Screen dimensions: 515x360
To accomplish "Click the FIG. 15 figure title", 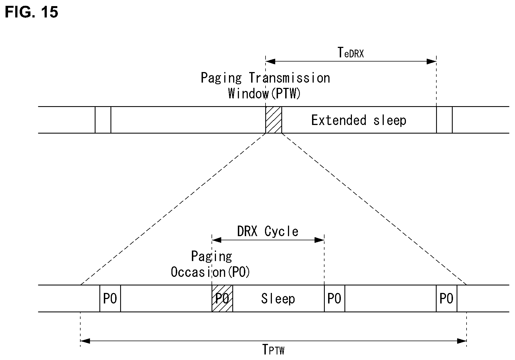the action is [x=32, y=12].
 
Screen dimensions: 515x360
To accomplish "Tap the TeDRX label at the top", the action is [x=351, y=52].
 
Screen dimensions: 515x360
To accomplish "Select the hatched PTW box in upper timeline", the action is [x=274, y=120].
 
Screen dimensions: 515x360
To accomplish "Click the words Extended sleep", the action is [x=359, y=120].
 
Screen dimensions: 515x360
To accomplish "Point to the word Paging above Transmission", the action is [x=221, y=78].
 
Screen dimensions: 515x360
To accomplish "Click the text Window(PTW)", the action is [x=264, y=93].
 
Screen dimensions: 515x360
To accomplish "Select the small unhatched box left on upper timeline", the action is [x=103, y=120].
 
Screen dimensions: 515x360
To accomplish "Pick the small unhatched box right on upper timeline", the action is [x=444, y=120].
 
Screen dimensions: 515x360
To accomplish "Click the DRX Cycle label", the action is [x=268, y=231].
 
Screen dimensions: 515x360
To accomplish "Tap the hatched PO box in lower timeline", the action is [x=222, y=298].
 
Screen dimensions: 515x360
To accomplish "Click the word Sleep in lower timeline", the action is [x=278, y=299].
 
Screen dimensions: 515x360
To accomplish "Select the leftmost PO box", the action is [x=110, y=298].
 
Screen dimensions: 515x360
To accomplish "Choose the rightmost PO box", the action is [x=447, y=298].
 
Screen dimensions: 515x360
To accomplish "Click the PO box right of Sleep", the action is [x=334, y=298].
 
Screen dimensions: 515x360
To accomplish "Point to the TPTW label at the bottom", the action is [x=273, y=349].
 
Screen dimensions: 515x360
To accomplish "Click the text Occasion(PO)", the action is [x=210, y=272].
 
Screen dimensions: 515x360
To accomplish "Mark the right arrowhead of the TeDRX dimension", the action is [x=431, y=62].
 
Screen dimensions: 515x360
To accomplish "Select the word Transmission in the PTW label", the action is [x=289, y=78].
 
